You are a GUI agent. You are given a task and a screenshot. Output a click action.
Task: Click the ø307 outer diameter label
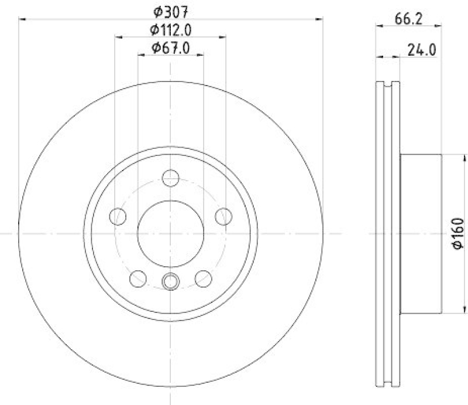click(171, 11)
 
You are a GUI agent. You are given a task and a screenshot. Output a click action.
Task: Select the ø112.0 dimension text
click(171, 29)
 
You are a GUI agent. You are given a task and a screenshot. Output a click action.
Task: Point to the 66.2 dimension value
click(408, 19)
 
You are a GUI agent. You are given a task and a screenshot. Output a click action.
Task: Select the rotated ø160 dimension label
click(458, 233)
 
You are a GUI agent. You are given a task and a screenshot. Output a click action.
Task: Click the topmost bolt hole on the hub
click(171, 178)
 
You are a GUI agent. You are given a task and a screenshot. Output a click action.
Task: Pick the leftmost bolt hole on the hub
click(118, 216)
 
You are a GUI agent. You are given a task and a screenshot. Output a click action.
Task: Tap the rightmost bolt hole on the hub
click(223, 216)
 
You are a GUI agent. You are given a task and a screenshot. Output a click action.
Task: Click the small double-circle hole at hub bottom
click(171, 281)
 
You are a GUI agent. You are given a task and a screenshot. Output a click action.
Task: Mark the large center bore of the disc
click(171, 233)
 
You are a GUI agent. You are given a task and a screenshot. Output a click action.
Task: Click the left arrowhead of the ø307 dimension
click(23, 19)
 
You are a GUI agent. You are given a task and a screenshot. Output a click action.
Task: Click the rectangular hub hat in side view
click(420, 233)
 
